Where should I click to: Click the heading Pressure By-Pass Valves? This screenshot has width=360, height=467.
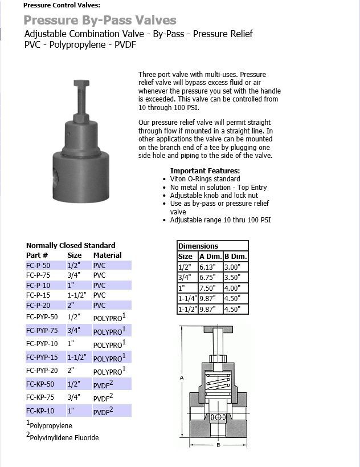coord(100,21)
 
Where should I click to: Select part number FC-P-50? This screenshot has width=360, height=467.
coord(38,265)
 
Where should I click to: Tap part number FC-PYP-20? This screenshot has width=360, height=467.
coord(42,371)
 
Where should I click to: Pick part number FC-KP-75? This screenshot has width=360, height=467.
coord(40,397)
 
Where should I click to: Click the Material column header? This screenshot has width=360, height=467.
coord(108,255)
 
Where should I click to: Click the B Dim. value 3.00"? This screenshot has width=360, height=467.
coord(234,267)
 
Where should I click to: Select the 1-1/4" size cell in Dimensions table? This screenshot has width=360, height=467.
coord(187,299)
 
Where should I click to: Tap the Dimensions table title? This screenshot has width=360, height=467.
coord(198,246)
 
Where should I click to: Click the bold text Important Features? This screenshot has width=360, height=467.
coord(205,171)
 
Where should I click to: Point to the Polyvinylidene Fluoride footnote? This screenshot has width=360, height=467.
coord(63,437)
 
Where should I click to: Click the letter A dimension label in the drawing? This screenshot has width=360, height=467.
coord(182,377)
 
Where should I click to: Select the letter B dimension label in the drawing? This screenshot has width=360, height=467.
coord(218,444)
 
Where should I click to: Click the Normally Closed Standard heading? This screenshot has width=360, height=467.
coord(71,246)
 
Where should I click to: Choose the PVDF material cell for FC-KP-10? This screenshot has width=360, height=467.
coord(103,411)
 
